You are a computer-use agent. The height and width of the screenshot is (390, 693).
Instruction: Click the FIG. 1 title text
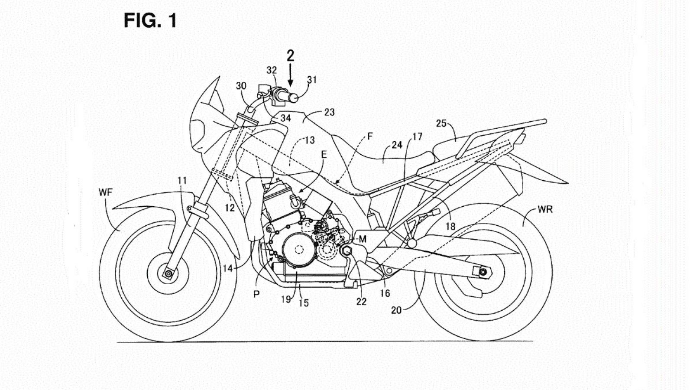click(150, 20)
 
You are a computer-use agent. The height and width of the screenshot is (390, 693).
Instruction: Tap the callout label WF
click(105, 192)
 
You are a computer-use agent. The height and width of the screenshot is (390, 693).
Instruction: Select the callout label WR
click(545, 209)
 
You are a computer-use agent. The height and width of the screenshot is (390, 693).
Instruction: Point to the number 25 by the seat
click(441, 123)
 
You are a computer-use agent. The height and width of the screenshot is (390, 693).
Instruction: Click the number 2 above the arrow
click(290, 55)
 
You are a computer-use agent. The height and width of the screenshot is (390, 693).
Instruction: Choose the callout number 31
click(312, 80)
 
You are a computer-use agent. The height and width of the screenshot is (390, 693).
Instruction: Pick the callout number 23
click(329, 112)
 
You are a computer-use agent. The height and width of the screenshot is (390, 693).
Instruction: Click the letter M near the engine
click(362, 239)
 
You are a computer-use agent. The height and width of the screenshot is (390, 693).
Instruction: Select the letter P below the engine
click(256, 294)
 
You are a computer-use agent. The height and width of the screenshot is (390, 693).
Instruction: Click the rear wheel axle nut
click(483, 272)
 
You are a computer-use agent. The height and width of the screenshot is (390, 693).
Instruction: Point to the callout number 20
click(396, 310)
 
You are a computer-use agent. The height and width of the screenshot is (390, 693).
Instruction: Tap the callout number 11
click(182, 180)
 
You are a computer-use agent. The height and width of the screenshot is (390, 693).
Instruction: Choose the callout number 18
click(450, 227)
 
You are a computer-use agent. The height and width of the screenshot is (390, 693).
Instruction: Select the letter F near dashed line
click(369, 136)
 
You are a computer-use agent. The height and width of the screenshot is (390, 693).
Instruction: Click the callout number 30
click(241, 86)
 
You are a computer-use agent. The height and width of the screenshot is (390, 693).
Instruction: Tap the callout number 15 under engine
click(304, 303)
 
